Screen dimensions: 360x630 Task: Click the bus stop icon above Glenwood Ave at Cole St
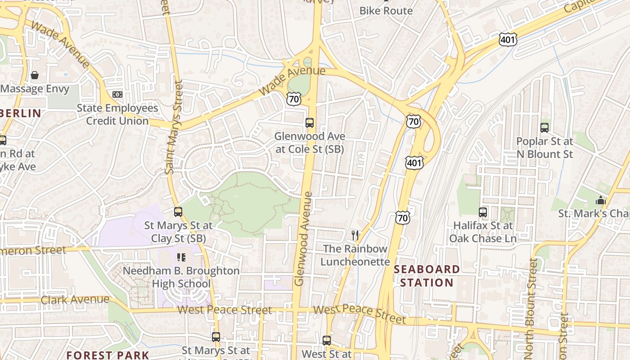click(310, 122)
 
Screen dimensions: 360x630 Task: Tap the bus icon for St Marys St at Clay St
click(178, 211)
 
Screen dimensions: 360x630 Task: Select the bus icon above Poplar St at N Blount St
click(544, 128)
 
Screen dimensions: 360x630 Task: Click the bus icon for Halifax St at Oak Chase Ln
click(483, 212)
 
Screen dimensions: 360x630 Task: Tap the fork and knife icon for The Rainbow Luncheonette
click(355, 235)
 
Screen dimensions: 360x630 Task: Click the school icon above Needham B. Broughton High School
click(181, 257)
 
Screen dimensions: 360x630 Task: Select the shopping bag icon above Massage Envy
click(35, 75)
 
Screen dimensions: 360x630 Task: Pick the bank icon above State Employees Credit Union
click(117, 94)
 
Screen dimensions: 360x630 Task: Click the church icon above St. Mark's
click(600, 200)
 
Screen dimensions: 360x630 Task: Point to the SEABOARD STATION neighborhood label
click(427, 276)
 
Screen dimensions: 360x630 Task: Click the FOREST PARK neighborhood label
click(108, 355)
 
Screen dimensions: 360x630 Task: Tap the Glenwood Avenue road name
click(303, 238)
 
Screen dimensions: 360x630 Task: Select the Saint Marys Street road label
click(174, 127)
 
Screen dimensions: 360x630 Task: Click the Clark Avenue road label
click(75, 300)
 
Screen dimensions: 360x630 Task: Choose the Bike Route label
click(386, 11)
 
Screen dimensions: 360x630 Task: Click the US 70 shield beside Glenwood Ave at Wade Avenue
click(293, 99)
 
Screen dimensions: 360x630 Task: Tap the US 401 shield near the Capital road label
click(508, 40)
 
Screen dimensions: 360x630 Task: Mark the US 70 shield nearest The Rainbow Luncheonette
click(403, 218)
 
